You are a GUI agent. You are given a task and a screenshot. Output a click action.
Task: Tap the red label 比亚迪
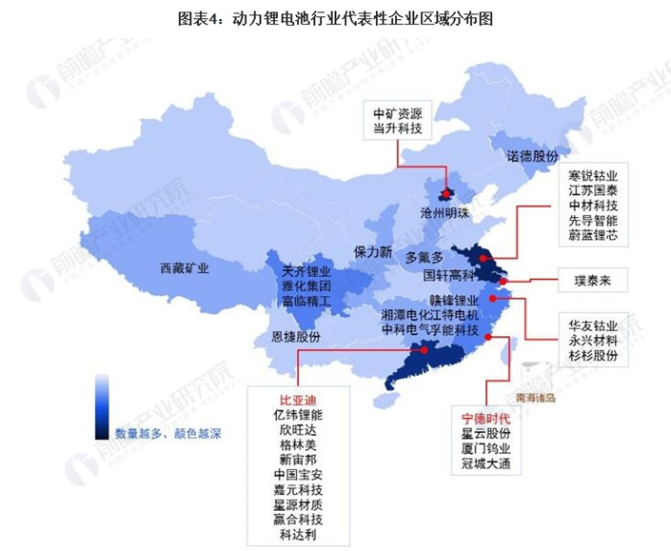coord(296,399)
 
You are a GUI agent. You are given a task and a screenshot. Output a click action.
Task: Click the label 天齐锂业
coord(306,271)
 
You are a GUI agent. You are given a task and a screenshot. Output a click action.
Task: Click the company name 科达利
coord(296,536)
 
